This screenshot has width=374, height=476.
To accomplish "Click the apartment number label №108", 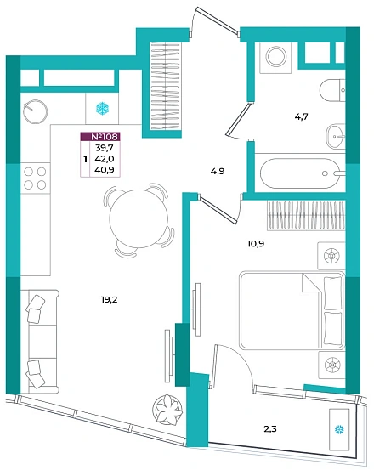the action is point(104,137).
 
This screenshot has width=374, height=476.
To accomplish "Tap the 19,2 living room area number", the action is point(109,300).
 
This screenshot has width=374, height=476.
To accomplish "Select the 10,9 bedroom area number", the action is point(256,243).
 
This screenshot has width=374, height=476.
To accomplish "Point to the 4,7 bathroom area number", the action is point(302,116).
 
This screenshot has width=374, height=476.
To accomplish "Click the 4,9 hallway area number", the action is point(218,171).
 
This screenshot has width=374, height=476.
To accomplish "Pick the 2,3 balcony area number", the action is point(270,429).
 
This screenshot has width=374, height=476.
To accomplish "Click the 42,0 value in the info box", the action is point(104,159).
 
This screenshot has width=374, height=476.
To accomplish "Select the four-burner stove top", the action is point(35,178).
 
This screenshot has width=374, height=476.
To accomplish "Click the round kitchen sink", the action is point(35,111).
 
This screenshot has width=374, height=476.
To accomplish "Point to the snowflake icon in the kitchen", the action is point(102,109).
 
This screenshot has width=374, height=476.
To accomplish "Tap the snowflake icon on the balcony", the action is point(339,429).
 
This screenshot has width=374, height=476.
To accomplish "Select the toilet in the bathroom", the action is point(332,90).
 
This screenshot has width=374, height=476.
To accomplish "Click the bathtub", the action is point(300,173).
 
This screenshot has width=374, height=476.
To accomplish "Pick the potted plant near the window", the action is point(167,408).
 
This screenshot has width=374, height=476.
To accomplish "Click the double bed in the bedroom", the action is point(292,310).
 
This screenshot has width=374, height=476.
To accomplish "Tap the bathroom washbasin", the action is point(336,136).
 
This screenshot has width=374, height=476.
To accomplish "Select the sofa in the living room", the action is point(39,341).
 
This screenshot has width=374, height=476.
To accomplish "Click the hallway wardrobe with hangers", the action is point(166,87).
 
